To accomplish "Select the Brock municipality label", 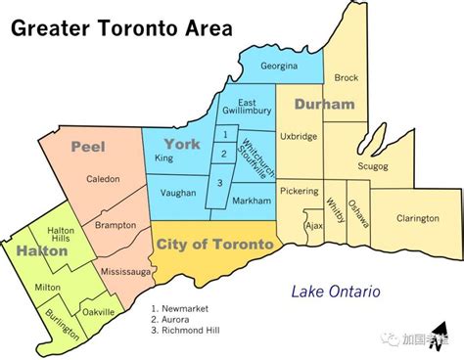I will [x=347, y=77].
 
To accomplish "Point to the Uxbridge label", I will [x=299, y=137].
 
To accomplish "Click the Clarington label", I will [x=417, y=218].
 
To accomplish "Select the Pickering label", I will [x=299, y=191].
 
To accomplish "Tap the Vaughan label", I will [x=176, y=195].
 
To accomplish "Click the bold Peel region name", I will [x=88, y=147].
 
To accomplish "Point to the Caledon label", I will [x=103, y=179].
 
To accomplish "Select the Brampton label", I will [x=116, y=225].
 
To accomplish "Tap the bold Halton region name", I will [x=40, y=251].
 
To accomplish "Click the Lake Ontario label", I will [x=335, y=292].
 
